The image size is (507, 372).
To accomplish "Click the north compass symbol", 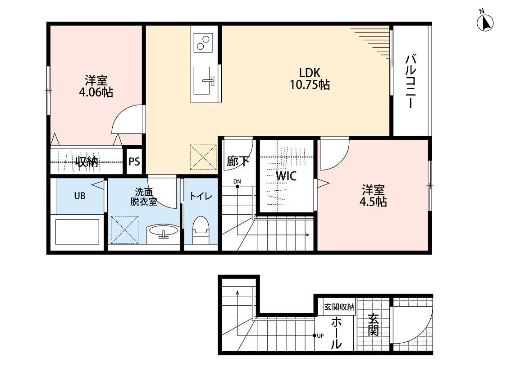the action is click(485, 22).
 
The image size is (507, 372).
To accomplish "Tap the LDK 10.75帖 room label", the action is click(310, 78).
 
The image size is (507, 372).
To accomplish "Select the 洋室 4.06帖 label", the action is click(96, 87).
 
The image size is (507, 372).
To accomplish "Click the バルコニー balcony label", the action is click(410, 82).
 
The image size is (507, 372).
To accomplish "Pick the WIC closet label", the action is click(286, 176).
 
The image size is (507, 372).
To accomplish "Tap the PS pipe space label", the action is click(134, 161).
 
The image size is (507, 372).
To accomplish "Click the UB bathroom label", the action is click(79, 196).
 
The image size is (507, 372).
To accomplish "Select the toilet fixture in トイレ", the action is click(201, 230).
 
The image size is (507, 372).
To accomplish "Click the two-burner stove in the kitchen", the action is click(203, 43).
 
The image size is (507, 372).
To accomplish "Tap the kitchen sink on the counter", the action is click(204, 81).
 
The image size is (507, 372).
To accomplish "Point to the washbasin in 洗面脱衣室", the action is click(163, 234).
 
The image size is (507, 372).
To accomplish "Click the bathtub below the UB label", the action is click(77, 232).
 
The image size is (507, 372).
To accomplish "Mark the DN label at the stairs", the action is click(237, 181).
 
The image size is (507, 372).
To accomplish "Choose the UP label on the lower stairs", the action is click(320, 336).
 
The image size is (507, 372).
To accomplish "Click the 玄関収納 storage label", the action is click(339, 307).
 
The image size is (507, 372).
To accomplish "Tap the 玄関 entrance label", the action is click(373, 325).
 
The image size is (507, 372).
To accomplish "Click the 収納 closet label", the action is click(87, 161).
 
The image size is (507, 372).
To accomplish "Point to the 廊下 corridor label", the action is click(238, 161).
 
